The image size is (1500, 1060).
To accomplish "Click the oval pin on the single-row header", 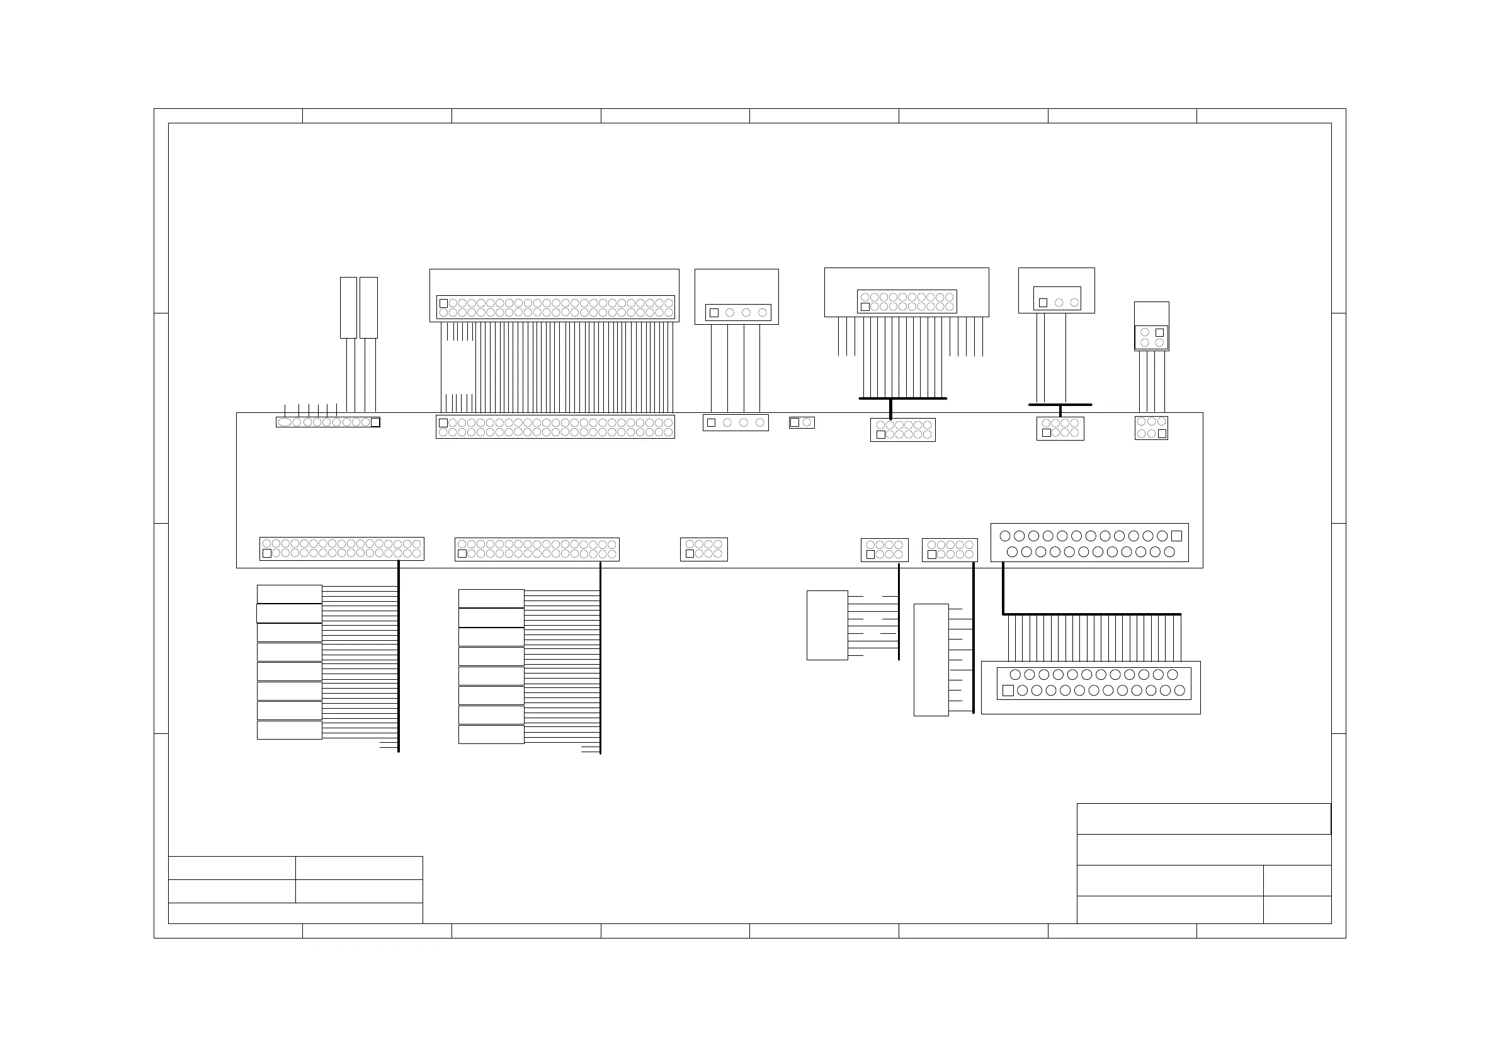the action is click(x=284, y=422).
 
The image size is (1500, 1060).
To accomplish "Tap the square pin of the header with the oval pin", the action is click(x=375, y=422).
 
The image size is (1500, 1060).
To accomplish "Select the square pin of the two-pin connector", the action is click(x=795, y=422).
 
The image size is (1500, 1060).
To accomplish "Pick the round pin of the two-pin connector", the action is click(x=807, y=422).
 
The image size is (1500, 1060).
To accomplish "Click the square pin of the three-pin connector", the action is click(x=1043, y=303).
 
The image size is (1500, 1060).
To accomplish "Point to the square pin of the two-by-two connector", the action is click(x=1159, y=332).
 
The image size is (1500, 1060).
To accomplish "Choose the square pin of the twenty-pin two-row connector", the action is click(x=865, y=307).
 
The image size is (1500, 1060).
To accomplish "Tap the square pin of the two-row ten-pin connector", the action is click(x=931, y=555).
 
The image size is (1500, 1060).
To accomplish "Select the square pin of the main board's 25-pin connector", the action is click(x=1176, y=536).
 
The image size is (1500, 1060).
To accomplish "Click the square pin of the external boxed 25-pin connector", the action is click(x=1008, y=691).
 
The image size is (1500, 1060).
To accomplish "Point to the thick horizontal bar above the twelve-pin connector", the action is click(x=902, y=398).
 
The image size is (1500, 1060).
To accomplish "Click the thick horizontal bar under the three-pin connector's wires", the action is click(x=1060, y=405).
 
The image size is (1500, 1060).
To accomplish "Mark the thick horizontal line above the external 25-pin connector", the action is click(x=1092, y=614).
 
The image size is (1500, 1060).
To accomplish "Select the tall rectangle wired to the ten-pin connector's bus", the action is click(x=931, y=660).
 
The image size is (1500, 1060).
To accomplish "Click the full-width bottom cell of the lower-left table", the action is click(x=295, y=913).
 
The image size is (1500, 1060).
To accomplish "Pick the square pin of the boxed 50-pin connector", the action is click(x=443, y=303).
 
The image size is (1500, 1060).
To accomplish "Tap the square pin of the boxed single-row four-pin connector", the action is click(x=714, y=313).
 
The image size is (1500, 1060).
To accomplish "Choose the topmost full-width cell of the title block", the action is click(x=1203, y=819).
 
